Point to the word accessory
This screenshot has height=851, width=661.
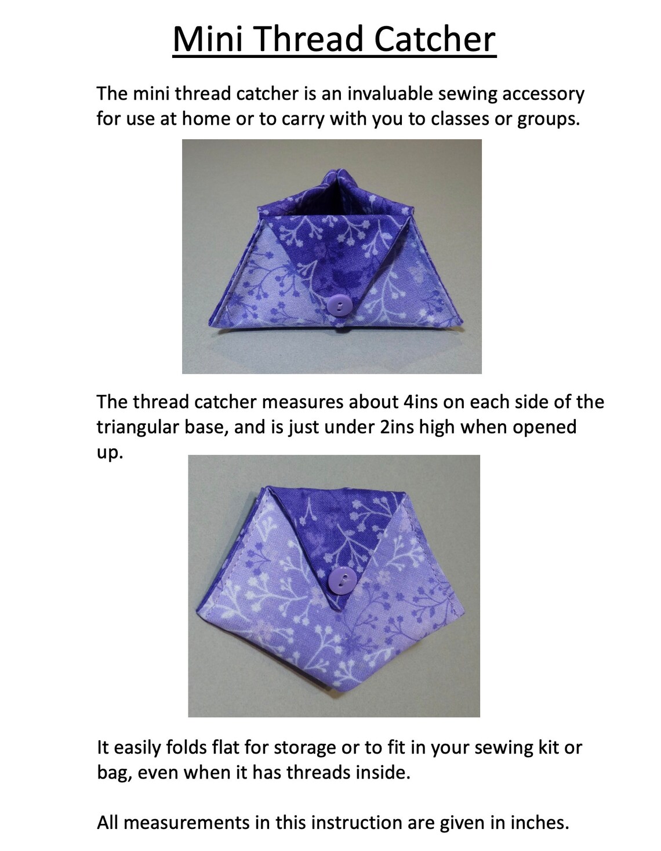543,93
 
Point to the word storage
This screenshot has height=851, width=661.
305,748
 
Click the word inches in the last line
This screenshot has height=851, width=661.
540,823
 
